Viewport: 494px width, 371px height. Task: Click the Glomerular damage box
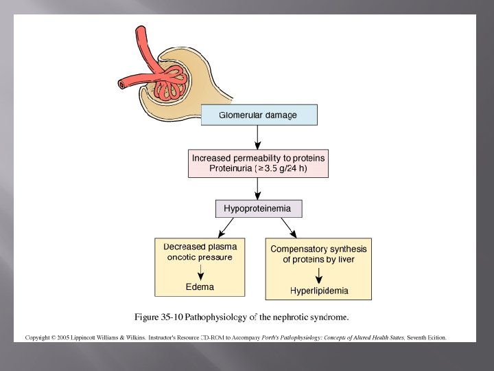pos(259,115)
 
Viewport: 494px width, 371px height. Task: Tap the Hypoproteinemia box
pos(257,208)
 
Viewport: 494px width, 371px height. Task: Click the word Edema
pos(200,286)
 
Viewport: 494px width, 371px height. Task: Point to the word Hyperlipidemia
pos(318,291)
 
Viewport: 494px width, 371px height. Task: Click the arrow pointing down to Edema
pos(200,272)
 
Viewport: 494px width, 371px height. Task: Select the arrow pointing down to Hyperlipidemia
pos(318,275)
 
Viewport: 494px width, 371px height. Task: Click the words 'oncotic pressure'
pos(200,258)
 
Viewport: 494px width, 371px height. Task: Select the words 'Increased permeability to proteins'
pos(258,158)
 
